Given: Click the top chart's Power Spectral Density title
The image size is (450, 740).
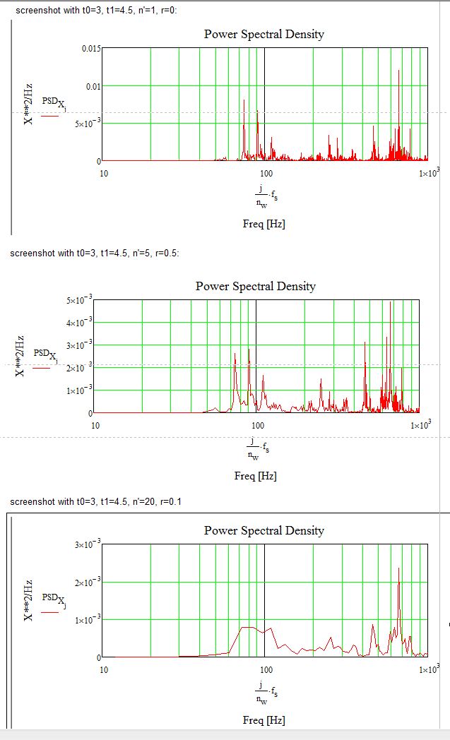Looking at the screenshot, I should [x=264, y=34].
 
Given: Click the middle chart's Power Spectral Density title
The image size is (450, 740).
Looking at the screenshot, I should [x=255, y=286].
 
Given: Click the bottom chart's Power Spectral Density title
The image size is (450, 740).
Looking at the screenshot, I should [x=264, y=530].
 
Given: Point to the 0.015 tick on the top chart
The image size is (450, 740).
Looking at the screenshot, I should [x=90, y=49].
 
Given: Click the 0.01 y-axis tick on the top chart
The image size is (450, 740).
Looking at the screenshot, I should [x=93, y=86].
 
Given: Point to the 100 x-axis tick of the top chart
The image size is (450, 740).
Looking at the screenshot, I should [x=266, y=173].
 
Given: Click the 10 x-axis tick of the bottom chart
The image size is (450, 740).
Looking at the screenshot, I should [x=103, y=669].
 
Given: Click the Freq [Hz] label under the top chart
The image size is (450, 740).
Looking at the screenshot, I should [x=264, y=224].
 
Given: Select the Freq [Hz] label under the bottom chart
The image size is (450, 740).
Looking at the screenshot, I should [x=264, y=720].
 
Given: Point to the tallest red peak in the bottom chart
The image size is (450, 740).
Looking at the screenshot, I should [x=399, y=569].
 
